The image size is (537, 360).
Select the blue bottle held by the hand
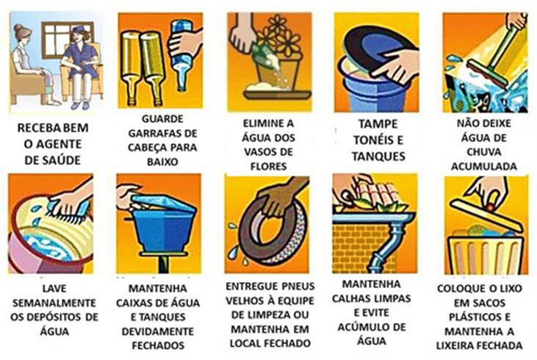tap(181, 55)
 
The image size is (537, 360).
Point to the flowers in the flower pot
tap(278, 37)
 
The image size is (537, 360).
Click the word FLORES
tap(269, 167)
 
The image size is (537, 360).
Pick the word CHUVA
tap(484, 152)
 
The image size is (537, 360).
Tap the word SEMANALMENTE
tap(54, 303)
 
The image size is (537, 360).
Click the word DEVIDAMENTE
tap(158, 331)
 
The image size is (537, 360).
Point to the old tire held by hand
tap(271, 233)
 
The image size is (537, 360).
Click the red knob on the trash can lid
tap(491, 208)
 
